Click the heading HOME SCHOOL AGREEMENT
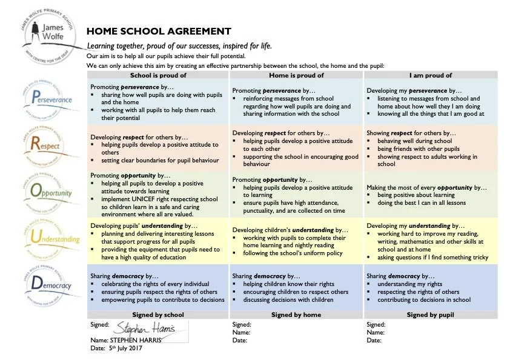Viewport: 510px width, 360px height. [x=159, y=32]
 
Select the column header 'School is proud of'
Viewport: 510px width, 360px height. [x=158, y=75]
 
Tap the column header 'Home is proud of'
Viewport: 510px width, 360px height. [x=296, y=75]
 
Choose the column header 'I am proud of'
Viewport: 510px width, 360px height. [x=431, y=75]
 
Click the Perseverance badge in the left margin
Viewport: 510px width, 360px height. [x=49, y=98]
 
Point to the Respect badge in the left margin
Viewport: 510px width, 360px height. [x=49, y=144]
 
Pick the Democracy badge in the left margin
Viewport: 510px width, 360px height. [x=49, y=284]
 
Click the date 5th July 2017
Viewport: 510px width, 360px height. [x=127, y=348]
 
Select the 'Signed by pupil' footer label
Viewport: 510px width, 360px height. [x=431, y=315]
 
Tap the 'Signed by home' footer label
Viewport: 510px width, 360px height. [x=296, y=315]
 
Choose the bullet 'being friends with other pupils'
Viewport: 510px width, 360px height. [x=418, y=148]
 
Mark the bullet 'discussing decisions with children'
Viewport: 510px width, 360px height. [x=288, y=299]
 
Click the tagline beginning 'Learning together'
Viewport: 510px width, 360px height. [x=179, y=46]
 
